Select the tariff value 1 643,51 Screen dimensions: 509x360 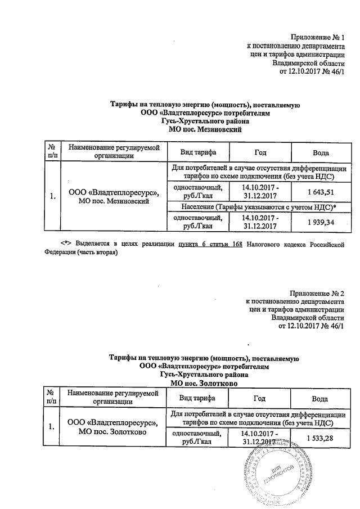point(320,192)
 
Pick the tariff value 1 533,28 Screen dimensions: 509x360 point(320,438)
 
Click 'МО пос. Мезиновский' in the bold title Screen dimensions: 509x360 point(205,129)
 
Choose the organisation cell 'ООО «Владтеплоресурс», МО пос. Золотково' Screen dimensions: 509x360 point(113,427)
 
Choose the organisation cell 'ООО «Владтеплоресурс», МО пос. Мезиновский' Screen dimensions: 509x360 point(113,197)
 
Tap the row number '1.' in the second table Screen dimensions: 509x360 point(52,427)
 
